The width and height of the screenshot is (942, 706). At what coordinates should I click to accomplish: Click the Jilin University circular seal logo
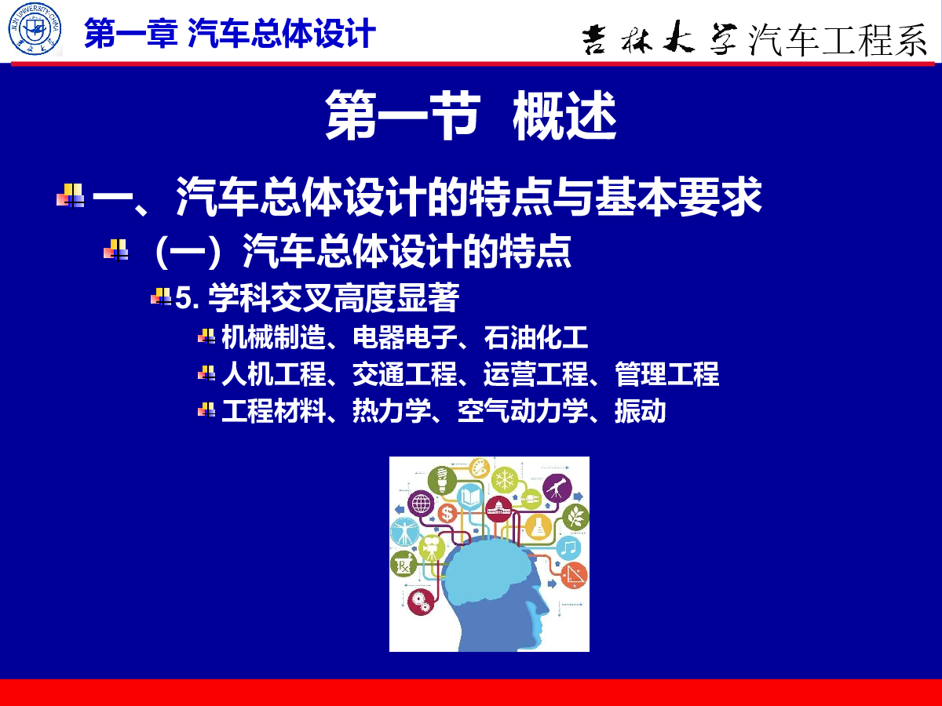click(35, 29)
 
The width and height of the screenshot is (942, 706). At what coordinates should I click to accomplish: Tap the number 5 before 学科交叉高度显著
click(183, 298)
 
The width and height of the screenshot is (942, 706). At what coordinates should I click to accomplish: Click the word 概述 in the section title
click(564, 115)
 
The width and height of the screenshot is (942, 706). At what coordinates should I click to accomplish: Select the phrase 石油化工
click(536, 337)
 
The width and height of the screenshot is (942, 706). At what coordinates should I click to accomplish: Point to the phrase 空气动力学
click(523, 411)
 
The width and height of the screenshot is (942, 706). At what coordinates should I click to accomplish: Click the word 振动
click(641, 411)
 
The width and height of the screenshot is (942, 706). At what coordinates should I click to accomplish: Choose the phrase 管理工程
click(667, 374)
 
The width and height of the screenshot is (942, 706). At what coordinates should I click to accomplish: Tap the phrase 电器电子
click(405, 337)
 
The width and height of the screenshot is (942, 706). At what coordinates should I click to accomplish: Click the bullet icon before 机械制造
click(206, 337)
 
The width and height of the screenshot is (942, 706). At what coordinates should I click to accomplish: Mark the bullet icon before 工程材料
click(206, 409)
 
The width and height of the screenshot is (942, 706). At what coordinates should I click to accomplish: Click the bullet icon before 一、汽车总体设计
click(71, 195)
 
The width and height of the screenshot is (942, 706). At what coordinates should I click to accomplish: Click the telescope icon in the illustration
click(557, 488)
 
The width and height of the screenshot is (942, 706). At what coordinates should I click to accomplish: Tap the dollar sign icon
click(447, 513)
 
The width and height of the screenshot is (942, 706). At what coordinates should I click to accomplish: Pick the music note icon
click(568, 548)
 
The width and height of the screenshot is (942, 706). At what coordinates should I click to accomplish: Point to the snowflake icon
click(505, 480)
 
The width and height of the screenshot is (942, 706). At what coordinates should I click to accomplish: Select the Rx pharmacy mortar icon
click(403, 564)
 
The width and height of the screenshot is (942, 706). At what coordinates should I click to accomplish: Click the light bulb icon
click(442, 479)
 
